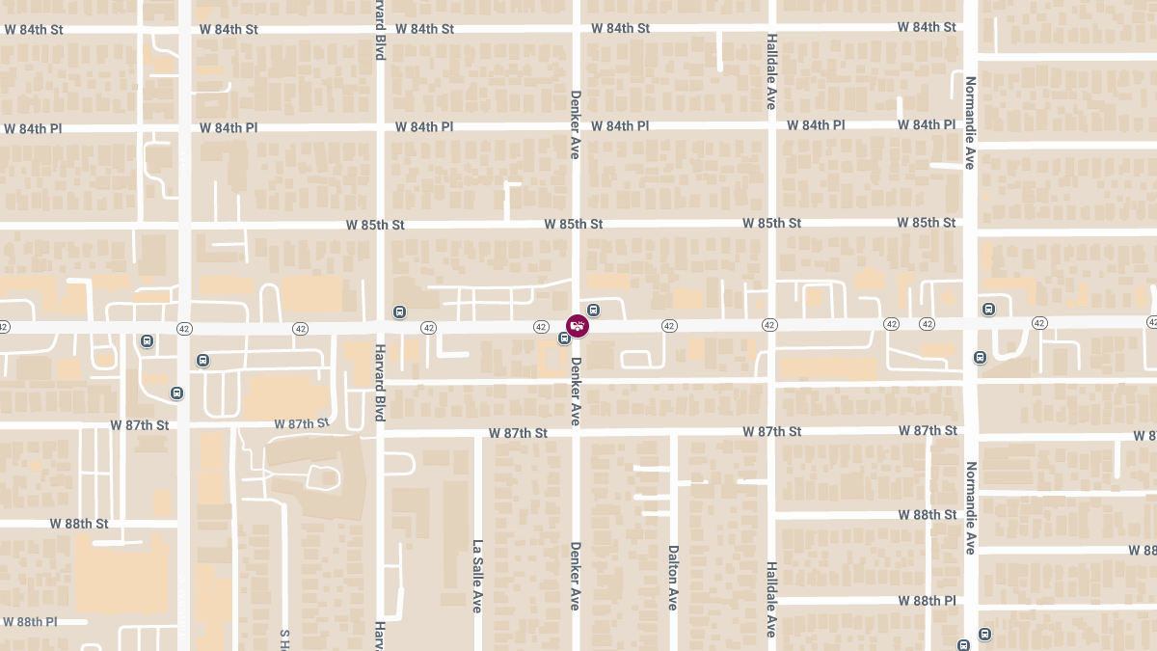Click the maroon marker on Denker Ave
(577, 326)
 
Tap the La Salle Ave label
(476, 576)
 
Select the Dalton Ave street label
(673, 577)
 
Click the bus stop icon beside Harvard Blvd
(400, 312)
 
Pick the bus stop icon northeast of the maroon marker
(594, 310)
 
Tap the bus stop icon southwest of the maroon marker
(564, 338)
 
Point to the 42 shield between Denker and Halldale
(669, 326)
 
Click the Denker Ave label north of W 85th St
(575, 124)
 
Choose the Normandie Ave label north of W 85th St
(970, 122)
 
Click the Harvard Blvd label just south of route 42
(380, 383)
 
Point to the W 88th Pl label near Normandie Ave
(927, 601)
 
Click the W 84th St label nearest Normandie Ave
(927, 27)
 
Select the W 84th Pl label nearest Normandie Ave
(927, 124)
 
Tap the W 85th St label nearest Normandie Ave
(927, 223)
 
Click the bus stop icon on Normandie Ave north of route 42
(988, 309)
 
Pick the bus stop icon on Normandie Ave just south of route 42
(980, 357)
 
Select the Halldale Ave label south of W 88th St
(771, 599)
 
